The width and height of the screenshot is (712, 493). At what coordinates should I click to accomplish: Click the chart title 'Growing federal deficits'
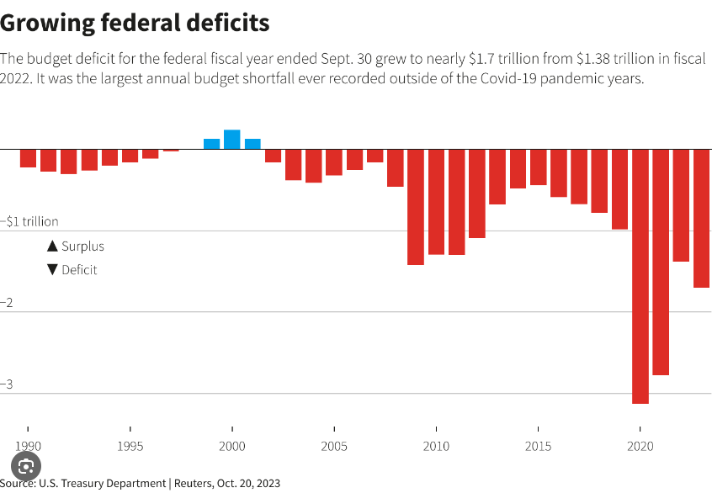coord(135,23)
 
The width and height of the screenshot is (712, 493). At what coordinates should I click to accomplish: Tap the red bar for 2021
coord(661,262)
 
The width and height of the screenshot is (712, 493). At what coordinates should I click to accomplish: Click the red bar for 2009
coord(416,207)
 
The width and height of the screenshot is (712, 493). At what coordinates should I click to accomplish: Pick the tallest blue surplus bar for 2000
coord(231,140)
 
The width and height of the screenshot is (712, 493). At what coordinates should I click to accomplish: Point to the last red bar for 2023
coord(701,218)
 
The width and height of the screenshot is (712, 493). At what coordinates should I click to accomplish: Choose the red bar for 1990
coord(28,158)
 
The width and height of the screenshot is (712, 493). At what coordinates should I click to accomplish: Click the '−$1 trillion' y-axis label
coord(29,221)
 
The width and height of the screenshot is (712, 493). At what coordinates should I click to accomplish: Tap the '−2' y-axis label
coord(8,303)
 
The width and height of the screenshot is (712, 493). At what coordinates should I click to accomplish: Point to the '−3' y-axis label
coord(8,384)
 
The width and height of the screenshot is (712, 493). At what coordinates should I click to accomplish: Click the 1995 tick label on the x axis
coord(130,446)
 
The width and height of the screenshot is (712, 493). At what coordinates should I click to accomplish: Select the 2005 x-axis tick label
coord(334,446)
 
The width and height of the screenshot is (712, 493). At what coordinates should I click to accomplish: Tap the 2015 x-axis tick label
coord(539,446)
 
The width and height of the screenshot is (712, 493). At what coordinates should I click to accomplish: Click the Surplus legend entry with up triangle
coord(76,246)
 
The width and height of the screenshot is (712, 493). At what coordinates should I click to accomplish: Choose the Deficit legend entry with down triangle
coord(72,270)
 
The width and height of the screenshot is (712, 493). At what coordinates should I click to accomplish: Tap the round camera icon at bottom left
coord(26,466)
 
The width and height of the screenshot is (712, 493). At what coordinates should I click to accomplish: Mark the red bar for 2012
coord(477,193)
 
